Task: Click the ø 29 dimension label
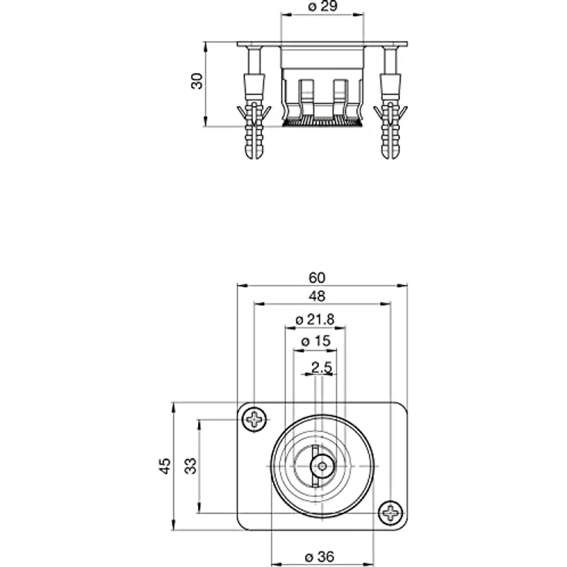pos(323,6)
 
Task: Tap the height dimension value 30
pos(197,81)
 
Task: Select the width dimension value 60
pos(317,277)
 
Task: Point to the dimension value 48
pos(317,296)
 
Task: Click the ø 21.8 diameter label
pos(314,319)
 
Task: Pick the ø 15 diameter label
pos(316,341)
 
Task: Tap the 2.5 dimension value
pos(321,367)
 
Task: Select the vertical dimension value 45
pos(165,466)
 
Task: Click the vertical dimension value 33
pos(190,466)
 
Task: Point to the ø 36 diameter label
pos(320,556)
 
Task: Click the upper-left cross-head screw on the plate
pos(254,419)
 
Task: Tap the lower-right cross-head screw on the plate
pos(391,513)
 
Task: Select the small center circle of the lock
pos(321,466)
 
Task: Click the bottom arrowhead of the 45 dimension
pos(173,525)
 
